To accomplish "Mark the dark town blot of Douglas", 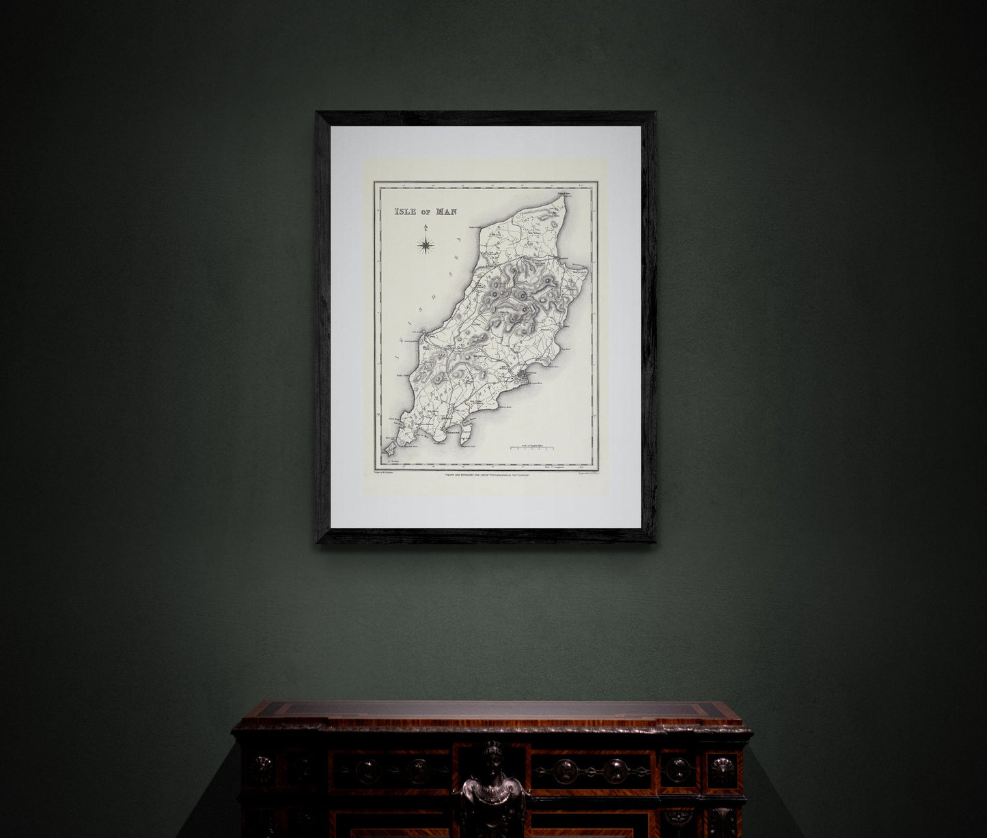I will click(525, 375).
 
